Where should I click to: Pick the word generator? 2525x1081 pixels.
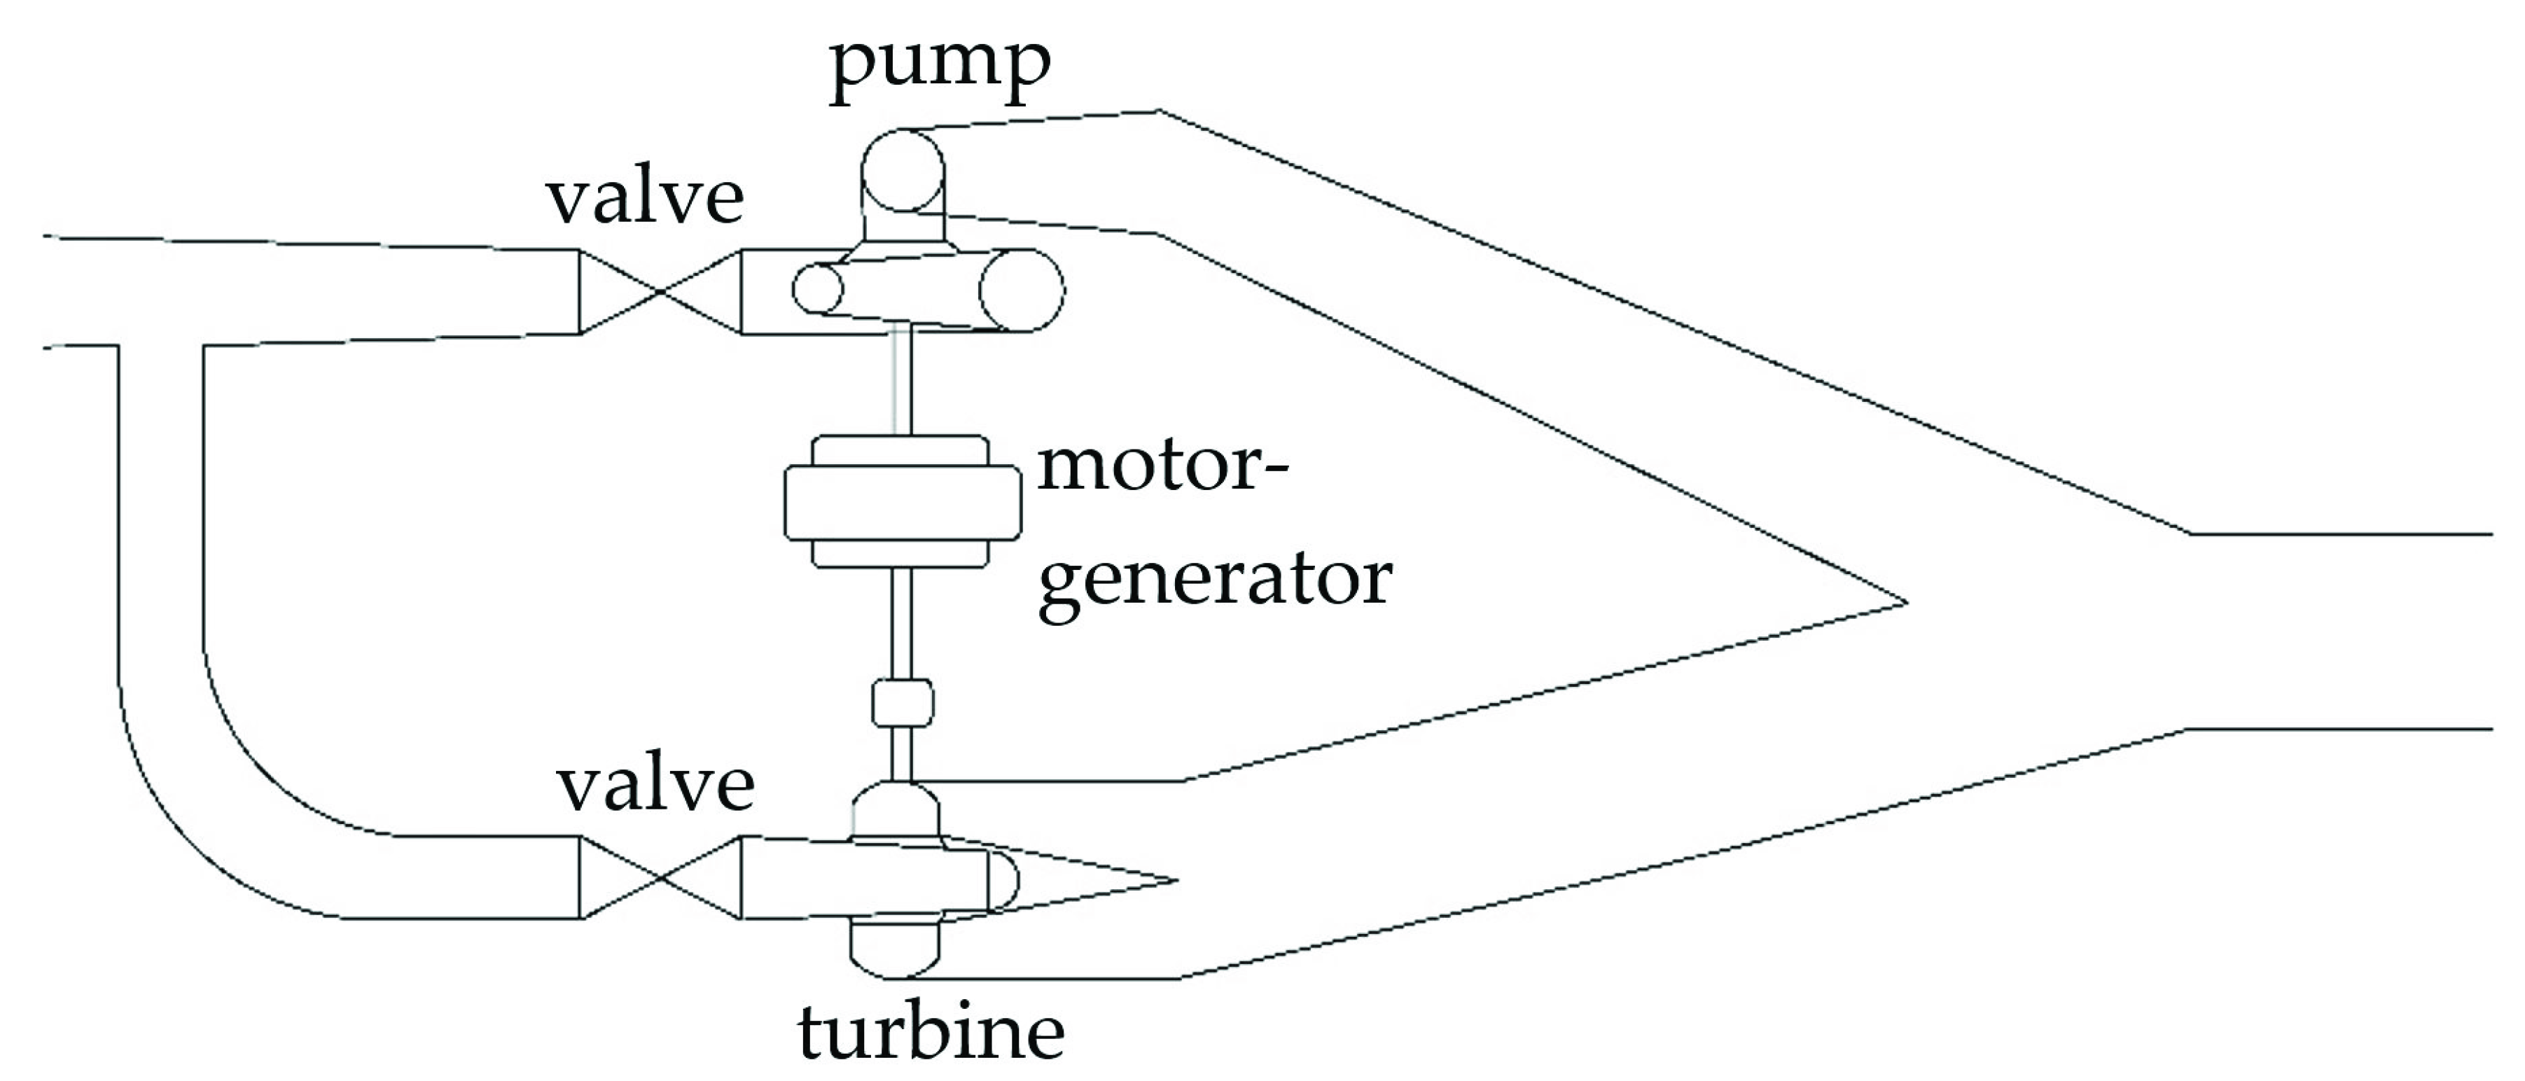click(1214, 581)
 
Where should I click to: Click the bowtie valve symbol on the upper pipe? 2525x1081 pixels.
click(660, 291)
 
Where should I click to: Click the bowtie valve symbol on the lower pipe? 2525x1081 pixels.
click(660, 877)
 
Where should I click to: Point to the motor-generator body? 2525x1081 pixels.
click(902, 502)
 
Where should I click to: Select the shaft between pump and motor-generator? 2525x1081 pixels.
click(902, 382)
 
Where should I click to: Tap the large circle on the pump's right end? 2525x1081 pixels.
click(1022, 290)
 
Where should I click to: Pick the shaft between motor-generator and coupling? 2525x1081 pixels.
click(902, 622)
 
